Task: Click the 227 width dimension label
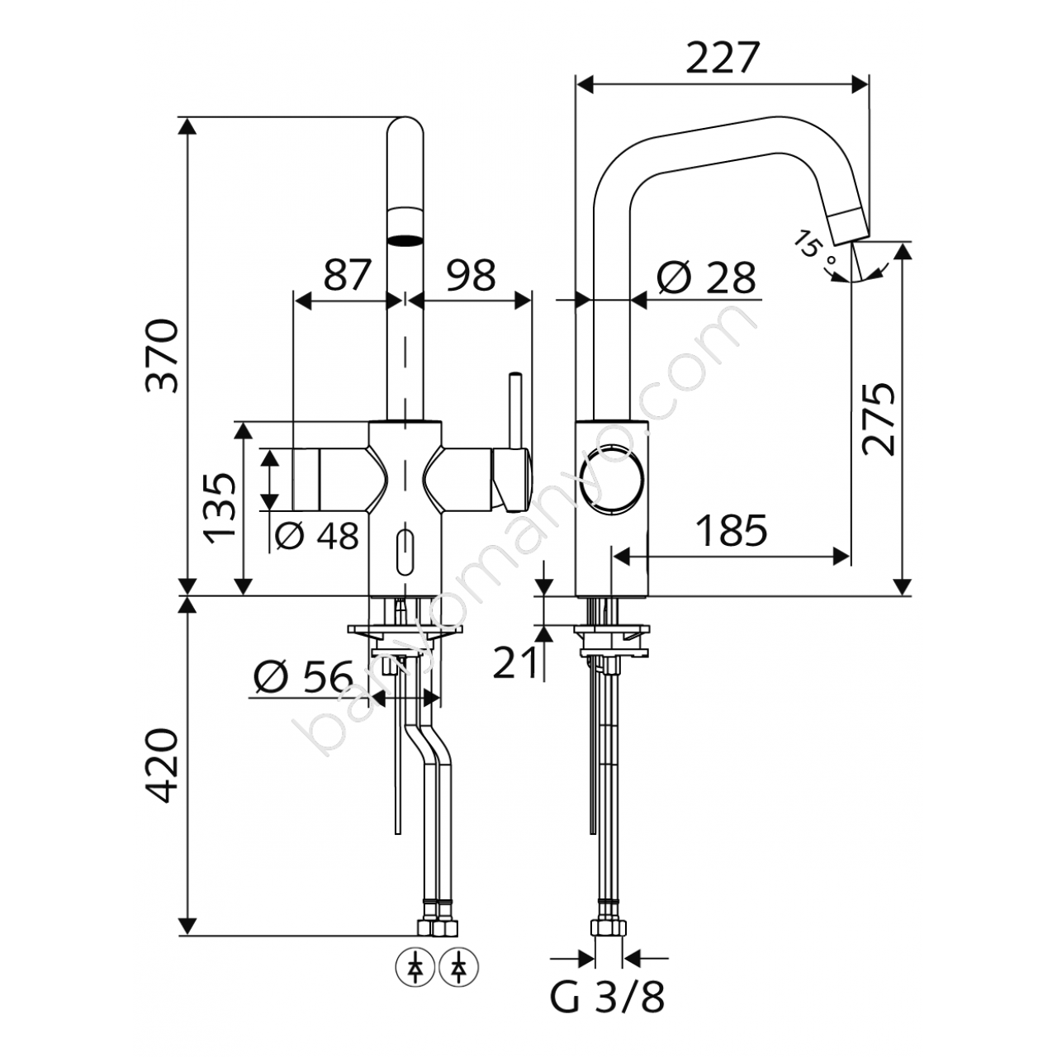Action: [723, 58]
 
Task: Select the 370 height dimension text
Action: [163, 355]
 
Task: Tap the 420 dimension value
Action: [163, 765]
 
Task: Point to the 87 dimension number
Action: [348, 275]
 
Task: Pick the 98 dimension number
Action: [471, 275]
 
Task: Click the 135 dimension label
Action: [220, 508]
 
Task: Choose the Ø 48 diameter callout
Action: [316, 535]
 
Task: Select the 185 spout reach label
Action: [732, 530]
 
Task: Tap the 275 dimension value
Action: [878, 419]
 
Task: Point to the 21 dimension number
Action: [514, 662]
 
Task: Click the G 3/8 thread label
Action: [607, 1012]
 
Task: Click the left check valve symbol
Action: [415, 969]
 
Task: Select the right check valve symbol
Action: [458, 969]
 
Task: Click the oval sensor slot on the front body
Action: [405, 552]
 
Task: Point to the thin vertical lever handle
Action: [515, 410]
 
